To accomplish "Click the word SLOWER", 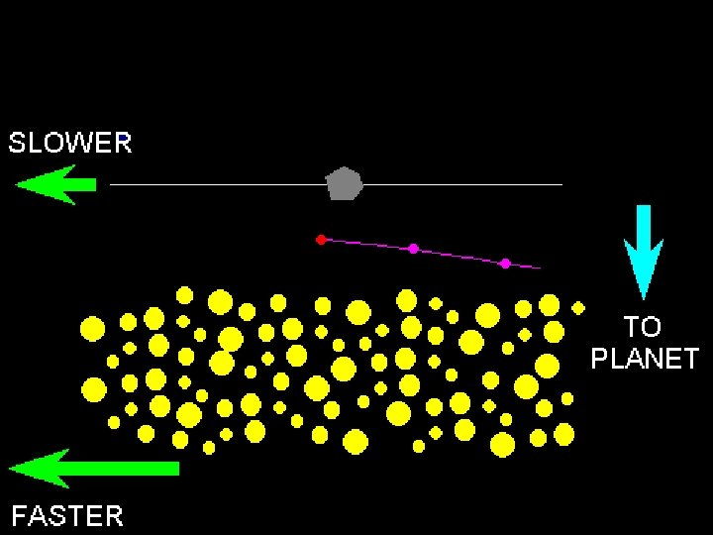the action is pyautogui.click(x=70, y=144).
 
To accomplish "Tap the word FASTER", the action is pyautogui.click(x=67, y=515).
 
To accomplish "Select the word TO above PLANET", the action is pyautogui.click(x=643, y=326).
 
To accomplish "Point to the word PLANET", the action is pyautogui.click(x=645, y=358).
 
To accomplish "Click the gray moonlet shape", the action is pyautogui.click(x=345, y=184).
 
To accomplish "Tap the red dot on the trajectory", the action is pyautogui.click(x=321, y=240).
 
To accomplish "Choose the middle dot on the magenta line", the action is pyautogui.click(x=413, y=249).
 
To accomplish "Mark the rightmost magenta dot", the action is pyautogui.click(x=505, y=263).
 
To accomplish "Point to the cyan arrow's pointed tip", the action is pyautogui.click(x=644, y=296).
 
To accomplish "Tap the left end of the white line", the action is pyautogui.click(x=111, y=184).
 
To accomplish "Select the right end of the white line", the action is pyautogui.click(x=560, y=184).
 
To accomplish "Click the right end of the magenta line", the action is pyautogui.click(x=540, y=267).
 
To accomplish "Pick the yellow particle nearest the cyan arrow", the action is pyautogui.click(x=578, y=307).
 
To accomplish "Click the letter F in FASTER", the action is pyautogui.click(x=19, y=515).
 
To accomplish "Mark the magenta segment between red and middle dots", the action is pyautogui.click(x=366, y=244).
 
